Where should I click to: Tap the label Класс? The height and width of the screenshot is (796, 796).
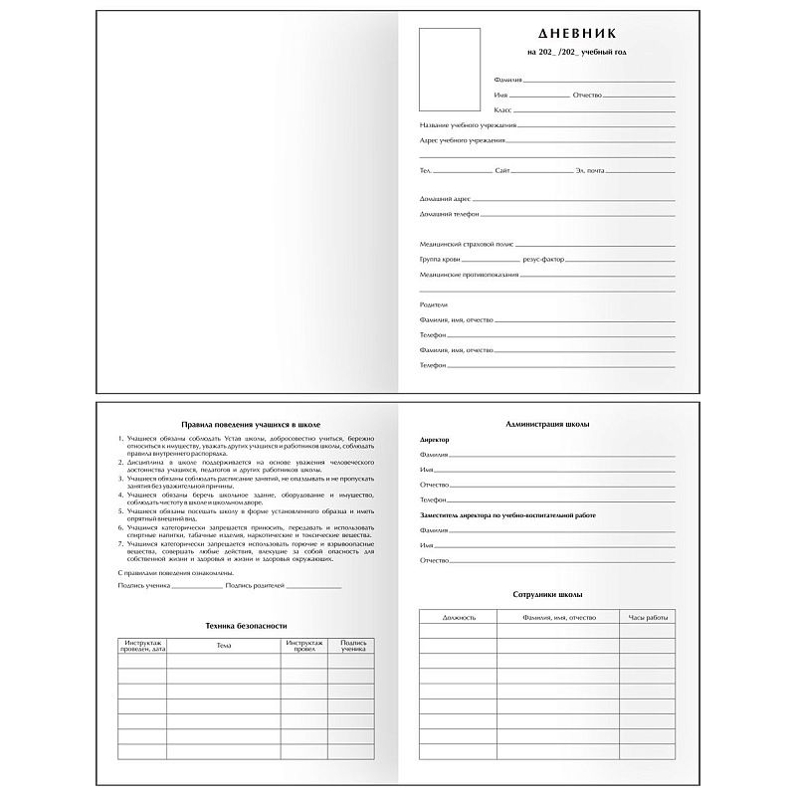click(503, 108)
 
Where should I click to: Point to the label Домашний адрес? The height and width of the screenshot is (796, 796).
click(445, 199)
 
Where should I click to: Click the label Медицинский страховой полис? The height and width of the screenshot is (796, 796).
click(467, 244)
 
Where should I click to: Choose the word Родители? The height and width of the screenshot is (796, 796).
click(434, 303)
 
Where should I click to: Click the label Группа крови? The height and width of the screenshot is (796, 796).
click(440, 259)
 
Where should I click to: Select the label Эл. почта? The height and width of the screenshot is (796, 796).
click(589, 171)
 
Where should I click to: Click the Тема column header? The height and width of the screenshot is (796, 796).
click(223, 646)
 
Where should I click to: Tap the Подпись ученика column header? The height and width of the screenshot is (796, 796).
click(353, 646)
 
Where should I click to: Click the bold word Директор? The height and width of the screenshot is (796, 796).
click(435, 439)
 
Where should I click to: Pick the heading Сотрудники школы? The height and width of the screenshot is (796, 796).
click(546, 594)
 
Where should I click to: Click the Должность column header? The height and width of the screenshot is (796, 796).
click(459, 618)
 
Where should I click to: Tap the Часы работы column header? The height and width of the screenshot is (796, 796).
click(647, 618)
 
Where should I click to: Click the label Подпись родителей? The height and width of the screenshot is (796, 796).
click(255, 587)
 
